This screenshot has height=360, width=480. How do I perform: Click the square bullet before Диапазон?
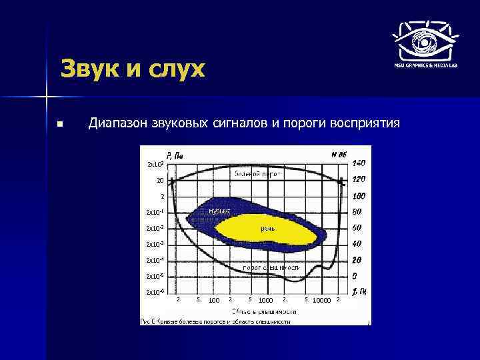(x=60, y=124)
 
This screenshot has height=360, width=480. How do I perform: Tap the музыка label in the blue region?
(x=219, y=210)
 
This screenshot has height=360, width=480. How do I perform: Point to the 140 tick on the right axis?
(x=359, y=163)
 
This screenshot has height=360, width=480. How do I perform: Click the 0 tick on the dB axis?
(x=355, y=276)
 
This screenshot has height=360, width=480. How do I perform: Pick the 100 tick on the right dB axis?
(x=359, y=196)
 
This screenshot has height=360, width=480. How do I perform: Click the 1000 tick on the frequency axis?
(x=265, y=301)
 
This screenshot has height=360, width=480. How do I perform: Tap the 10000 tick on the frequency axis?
(x=321, y=301)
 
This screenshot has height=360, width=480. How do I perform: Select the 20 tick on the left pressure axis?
(x=159, y=180)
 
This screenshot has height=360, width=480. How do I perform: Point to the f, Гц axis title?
(x=359, y=291)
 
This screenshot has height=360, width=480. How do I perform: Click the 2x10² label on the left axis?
(x=155, y=164)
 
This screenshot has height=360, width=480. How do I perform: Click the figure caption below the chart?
(x=215, y=321)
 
